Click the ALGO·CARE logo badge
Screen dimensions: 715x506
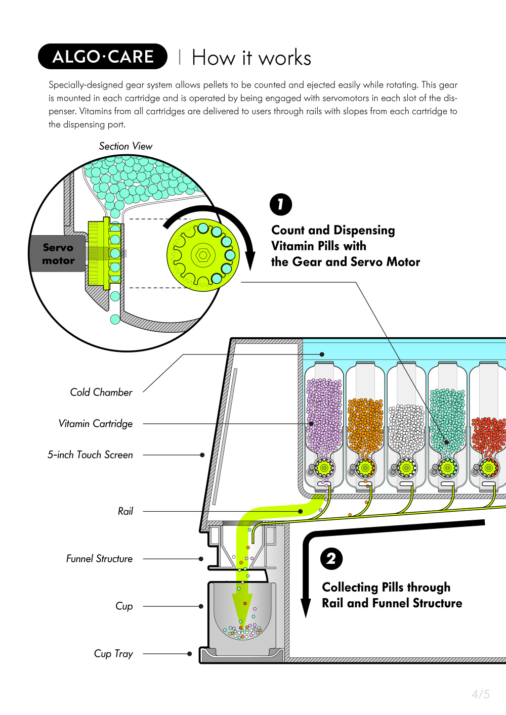click(103, 57)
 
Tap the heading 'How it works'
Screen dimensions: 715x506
click(251, 58)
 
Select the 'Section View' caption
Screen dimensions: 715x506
click(125, 146)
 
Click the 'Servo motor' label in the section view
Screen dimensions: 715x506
click(58, 254)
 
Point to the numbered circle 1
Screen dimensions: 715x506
click(281, 204)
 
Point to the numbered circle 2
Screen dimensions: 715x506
click(331, 559)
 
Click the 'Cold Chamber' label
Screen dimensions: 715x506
click(101, 392)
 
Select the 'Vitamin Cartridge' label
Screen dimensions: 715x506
click(96, 424)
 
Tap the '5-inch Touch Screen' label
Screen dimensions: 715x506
click(91, 455)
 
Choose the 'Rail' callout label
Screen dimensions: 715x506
click(125, 511)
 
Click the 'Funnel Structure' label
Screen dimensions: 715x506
click(100, 559)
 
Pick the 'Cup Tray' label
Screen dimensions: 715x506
click(113, 654)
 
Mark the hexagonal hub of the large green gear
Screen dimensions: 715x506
click(203, 255)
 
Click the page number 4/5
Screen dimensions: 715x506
click(481, 694)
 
